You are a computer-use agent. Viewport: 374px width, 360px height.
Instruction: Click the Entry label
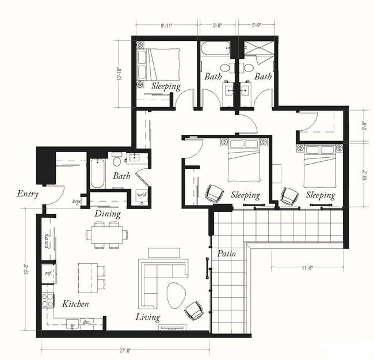pyautogui.click(x=28, y=194)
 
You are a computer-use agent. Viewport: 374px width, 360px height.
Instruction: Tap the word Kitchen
pyautogui.click(x=75, y=304)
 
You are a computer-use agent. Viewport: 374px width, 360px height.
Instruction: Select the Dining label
pyautogui.click(x=108, y=214)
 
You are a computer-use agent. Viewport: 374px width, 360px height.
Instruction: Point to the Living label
pyautogui.click(x=148, y=317)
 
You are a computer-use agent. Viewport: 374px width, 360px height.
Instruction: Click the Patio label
pyautogui.click(x=225, y=253)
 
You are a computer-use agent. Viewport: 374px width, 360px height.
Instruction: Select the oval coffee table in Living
pyautogui.click(x=177, y=297)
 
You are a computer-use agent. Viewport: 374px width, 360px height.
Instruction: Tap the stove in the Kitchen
pyautogui.click(x=47, y=300)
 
